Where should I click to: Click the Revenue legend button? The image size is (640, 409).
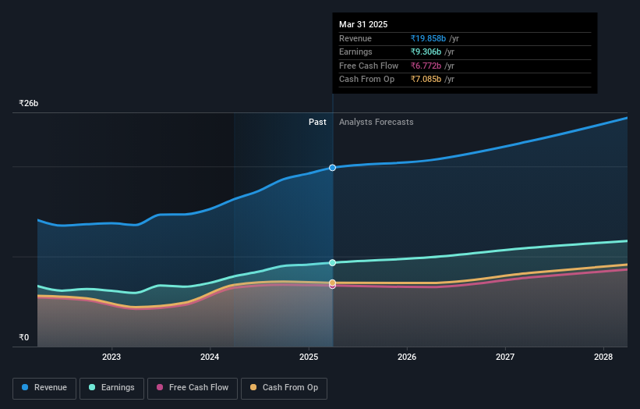pos(44,388)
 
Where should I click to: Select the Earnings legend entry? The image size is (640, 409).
pos(111,388)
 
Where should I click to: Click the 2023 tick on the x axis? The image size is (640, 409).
pos(111,357)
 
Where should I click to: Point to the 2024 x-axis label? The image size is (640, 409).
pos(210,357)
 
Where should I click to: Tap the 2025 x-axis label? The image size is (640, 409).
pos(309,357)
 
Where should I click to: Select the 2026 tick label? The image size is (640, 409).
pos(407,357)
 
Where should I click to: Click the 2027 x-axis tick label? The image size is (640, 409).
pos(505,357)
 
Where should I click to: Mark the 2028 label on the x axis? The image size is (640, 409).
pos(603,357)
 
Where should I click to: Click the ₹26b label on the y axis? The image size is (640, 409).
pos(29,103)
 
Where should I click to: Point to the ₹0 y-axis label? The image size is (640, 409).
pos(23,337)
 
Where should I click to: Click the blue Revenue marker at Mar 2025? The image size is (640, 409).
pos(333,168)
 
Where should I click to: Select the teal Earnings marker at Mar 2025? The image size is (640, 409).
pos(333,263)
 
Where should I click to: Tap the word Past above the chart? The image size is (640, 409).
pos(317,122)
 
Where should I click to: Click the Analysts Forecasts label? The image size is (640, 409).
pos(376,122)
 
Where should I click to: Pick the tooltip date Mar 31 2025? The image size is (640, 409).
pos(363,25)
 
